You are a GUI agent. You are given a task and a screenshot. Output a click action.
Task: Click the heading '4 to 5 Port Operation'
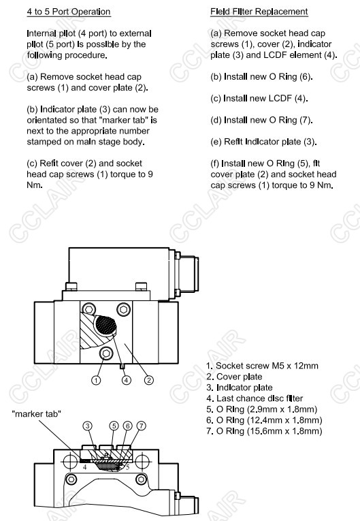pos(69,12)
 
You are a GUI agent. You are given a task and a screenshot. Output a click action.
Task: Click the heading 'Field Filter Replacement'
pos(259,12)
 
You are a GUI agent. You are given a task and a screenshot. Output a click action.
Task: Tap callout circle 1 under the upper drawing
pos(96,380)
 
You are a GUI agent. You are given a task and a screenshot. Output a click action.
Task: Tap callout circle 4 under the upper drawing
pos(126,380)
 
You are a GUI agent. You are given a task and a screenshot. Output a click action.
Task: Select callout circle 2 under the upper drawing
pos(149,380)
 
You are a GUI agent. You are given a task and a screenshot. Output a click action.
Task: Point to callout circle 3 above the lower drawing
pos(87,426)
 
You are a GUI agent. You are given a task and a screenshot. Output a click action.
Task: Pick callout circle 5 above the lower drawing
pos(114,426)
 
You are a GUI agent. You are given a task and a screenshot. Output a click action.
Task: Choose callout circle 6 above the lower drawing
pos(127,426)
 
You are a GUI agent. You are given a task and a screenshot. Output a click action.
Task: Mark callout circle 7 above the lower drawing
pos(141,426)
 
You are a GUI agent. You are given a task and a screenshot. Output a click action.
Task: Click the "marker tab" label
pos(37,414)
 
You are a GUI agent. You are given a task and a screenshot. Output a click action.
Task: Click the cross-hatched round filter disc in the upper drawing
pos(105,325)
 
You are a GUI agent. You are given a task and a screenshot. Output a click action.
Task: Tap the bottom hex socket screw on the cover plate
pos(107,353)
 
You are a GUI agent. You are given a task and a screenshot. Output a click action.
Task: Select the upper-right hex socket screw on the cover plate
pos(124,310)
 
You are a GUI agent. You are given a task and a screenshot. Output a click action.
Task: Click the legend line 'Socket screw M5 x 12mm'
pos(262,366)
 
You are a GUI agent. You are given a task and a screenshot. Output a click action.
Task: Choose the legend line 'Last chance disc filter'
pos(255,398)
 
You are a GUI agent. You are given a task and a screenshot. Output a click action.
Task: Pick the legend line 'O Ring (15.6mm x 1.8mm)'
pos(264,431)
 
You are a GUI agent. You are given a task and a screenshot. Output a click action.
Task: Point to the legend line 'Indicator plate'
pos(239,388)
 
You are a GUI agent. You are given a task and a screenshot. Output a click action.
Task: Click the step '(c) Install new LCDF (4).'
pos(259,98)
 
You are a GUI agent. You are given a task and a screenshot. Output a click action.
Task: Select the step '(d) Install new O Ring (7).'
pos(261,120)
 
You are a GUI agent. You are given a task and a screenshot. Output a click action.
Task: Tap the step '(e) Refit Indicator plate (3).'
pos(263,142)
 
